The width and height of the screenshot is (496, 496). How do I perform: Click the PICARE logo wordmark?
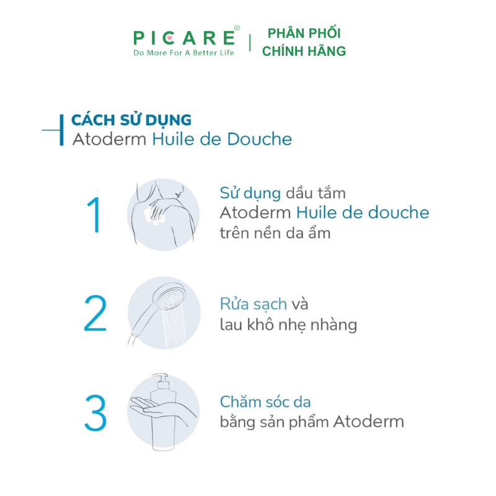184,37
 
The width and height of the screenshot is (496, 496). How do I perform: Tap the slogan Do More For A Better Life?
184,53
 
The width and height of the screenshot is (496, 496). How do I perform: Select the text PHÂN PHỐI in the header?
304,33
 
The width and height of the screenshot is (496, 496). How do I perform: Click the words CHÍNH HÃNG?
304,51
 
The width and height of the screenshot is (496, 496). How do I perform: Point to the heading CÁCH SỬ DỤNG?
131,120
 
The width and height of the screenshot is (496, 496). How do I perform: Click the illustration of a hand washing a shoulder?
164,215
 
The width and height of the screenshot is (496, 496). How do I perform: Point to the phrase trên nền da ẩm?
275,233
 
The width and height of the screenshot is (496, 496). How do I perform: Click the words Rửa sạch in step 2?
253,304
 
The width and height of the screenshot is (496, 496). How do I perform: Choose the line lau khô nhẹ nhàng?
288,324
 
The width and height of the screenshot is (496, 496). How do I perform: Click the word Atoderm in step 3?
368,422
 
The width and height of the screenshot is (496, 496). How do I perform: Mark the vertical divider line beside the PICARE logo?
250,43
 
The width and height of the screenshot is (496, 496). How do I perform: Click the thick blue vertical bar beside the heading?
61,130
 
